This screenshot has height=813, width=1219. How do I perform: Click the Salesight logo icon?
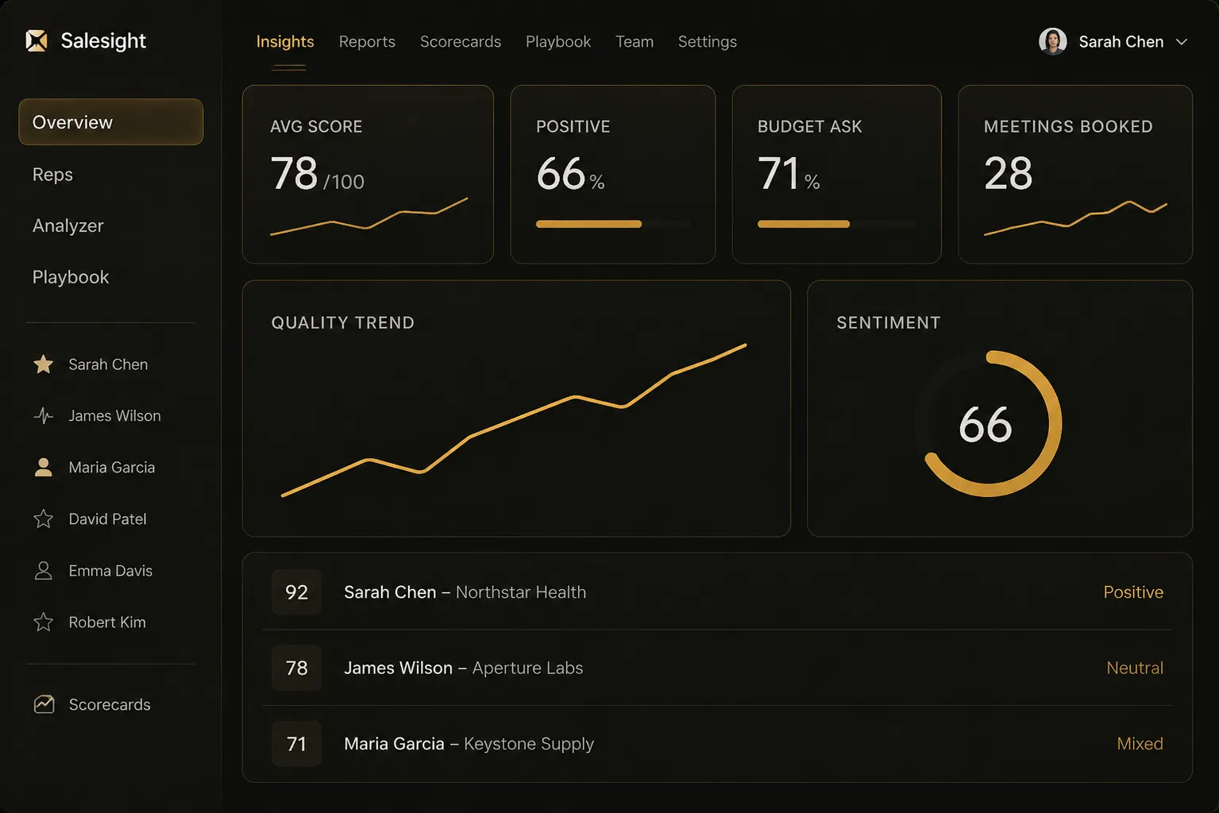(x=37, y=40)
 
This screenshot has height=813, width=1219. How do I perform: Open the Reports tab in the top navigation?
(x=367, y=42)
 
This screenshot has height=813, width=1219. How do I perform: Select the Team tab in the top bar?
(x=634, y=42)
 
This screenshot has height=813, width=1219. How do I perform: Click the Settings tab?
(x=707, y=42)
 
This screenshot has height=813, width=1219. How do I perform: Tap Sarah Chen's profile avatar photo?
(x=1052, y=41)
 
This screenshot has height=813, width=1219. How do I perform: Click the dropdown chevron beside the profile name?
(x=1182, y=42)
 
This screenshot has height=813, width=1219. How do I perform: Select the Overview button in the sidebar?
(x=111, y=122)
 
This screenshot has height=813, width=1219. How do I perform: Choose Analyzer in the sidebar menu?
(x=68, y=225)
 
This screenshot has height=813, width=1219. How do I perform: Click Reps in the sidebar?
(x=52, y=174)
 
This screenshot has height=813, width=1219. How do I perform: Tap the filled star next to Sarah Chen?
(x=44, y=364)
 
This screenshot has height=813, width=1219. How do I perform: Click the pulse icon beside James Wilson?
(x=44, y=416)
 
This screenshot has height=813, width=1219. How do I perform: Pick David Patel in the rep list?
(x=107, y=519)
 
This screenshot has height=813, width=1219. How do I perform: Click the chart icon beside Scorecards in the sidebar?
(x=44, y=704)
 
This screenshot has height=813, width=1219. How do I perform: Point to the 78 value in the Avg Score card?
(x=294, y=173)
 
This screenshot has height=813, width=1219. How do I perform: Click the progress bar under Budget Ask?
(x=837, y=224)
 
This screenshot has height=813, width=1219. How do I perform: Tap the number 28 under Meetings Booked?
(x=1008, y=174)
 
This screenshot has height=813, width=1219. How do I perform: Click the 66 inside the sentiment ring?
(x=985, y=425)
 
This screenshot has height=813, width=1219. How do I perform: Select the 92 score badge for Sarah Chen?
(x=296, y=592)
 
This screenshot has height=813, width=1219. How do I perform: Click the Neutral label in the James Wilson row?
(x=1135, y=668)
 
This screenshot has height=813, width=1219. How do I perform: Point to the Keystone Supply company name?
(x=528, y=744)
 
